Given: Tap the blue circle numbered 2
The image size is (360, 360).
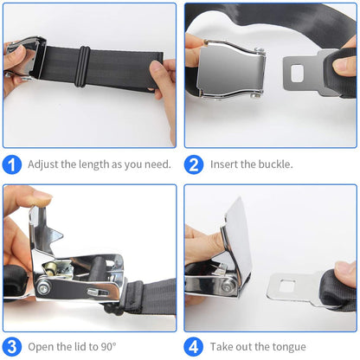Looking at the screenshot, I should point(196,164).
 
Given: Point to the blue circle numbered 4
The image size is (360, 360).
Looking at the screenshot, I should point(196,346).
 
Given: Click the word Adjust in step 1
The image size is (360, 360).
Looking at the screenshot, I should point(43,164).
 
